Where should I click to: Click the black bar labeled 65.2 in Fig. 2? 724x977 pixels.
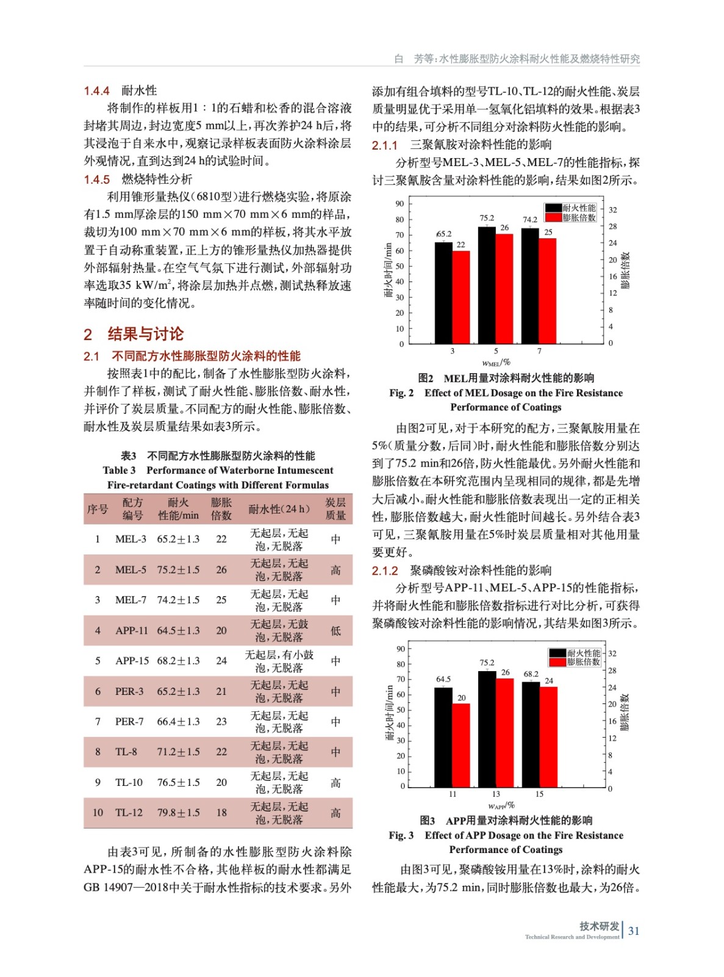pyautogui.click(x=443, y=293)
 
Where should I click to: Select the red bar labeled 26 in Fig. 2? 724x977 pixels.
pyautogui.click(x=504, y=288)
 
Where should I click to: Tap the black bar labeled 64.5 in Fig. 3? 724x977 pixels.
pyautogui.click(x=443, y=737)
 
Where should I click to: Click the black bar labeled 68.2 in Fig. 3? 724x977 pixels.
pyautogui.click(x=531, y=735)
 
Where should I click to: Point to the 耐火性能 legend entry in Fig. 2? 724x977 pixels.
pyautogui.click(x=570, y=208)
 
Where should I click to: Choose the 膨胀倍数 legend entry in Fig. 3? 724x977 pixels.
pyautogui.click(x=575, y=662)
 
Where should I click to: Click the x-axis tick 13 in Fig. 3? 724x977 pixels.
pyautogui.click(x=496, y=794)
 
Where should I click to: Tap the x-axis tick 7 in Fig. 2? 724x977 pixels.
pyautogui.click(x=539, y=351)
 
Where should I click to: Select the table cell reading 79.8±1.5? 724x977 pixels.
pyautogui.click(x=178, y=813)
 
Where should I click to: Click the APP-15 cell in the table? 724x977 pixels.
pyautogui.click(x=132, y=661)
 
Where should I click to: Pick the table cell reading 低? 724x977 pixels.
pyautogui.click(x=335, y=630)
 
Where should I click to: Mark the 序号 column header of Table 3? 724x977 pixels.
pyautogui.click(x=98, y=509)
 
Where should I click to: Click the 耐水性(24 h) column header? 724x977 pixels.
pyautogui.click(x=279, y=509)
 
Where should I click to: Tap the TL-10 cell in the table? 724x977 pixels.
pyautogui.click(x=129, y=782)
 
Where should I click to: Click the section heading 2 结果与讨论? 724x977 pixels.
pyautogui.click(x=134, y=334)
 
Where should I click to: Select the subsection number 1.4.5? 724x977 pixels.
pyautogui.click(x=96, y=180)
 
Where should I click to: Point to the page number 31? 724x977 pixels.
pyautogui.click(x=634, y=931)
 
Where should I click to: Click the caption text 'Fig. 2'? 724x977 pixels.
pyautogui.click(x=401, y=393)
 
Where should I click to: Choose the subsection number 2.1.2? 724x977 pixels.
pyautogui.click(x=385, y=571)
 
